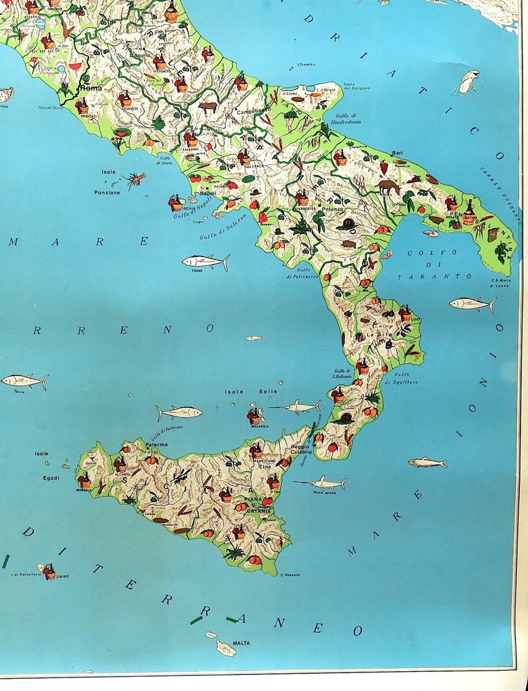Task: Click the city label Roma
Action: (x=90, y=88)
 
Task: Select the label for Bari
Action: (x=398, y=153)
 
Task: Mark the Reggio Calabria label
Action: (x=302, y=448)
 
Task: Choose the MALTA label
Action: (x=241, y=642)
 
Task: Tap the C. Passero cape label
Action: (x=290, y=575)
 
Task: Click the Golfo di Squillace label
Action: (x=404, y=378)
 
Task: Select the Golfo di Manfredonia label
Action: (x=346, y=118)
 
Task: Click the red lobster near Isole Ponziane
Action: (x=135, y=179)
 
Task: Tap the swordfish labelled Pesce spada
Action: (x=320, y=483)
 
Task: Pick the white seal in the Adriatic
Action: (x=468, y=81)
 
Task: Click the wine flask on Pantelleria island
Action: (x=50, y=572)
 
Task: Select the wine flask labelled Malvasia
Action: (x=255, y=416)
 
